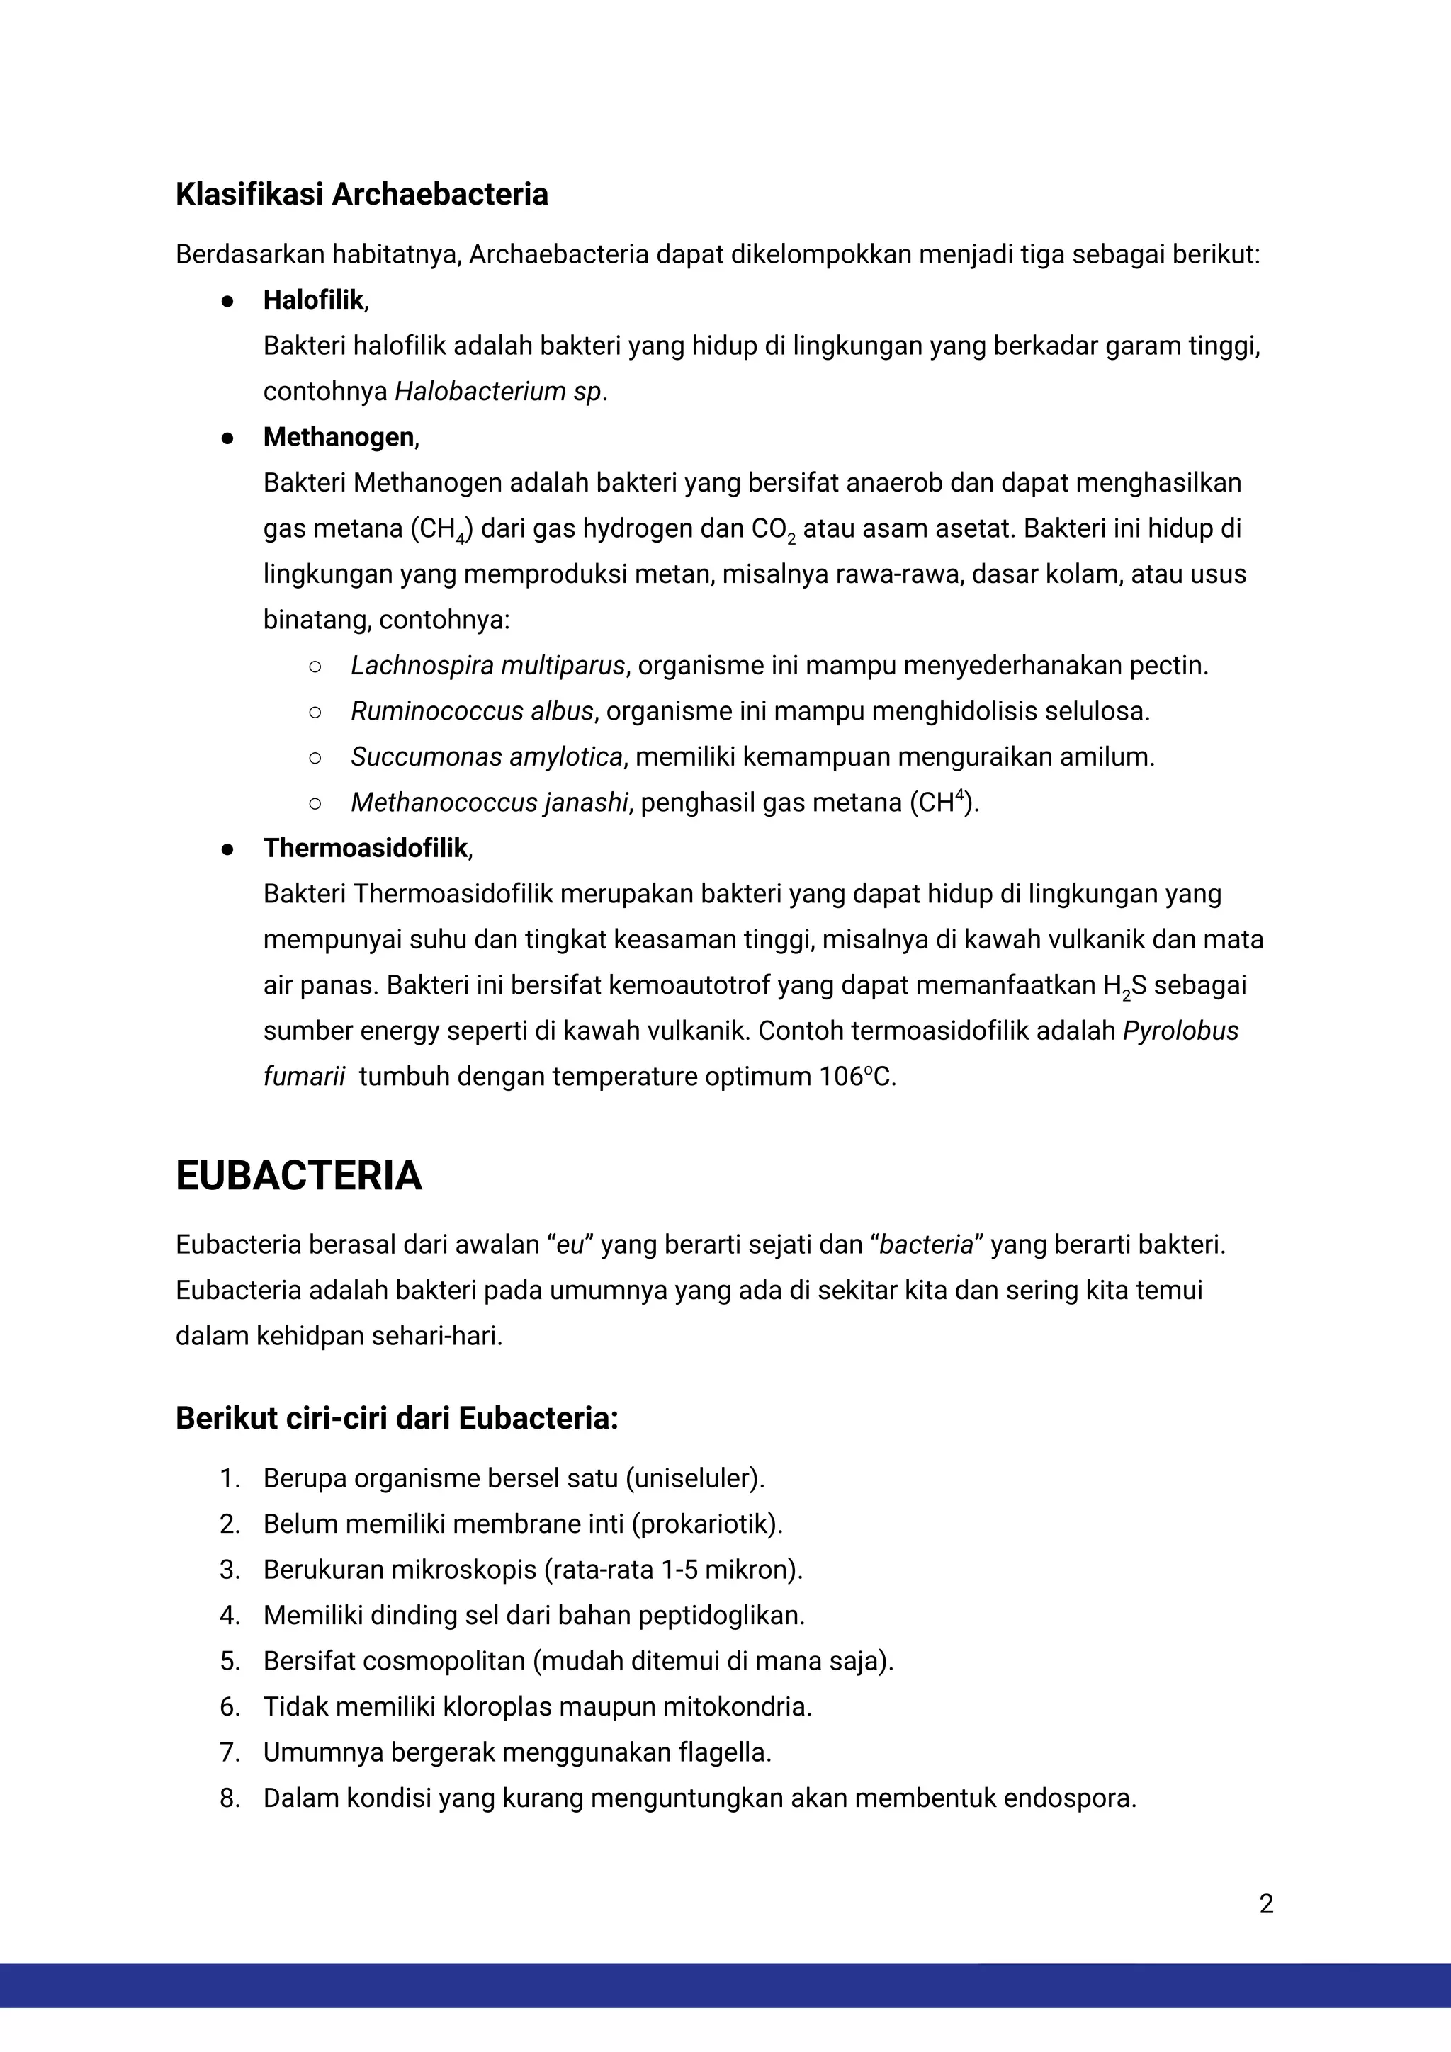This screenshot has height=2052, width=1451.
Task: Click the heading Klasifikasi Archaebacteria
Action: coord(361,194)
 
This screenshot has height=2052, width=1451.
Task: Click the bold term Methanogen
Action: coord(338,437)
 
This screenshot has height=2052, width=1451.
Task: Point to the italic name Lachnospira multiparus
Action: coord(487,666)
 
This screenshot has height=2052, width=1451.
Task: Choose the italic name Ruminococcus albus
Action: coord(471,711)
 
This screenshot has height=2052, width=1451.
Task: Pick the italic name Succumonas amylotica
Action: coord(486,757)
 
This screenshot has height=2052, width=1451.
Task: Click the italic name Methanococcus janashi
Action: coord(489,803)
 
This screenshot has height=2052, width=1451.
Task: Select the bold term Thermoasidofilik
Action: coord(365,848)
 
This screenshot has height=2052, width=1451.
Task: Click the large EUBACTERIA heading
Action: coord(298,1175)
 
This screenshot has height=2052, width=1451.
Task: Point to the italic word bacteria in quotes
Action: coord(925,1245)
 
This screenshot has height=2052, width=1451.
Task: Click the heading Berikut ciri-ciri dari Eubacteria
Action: coord(396,1418)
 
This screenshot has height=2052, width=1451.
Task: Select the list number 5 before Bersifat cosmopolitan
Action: coord(230,1662)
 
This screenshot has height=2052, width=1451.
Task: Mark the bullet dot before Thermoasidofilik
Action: coord(227,849)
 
